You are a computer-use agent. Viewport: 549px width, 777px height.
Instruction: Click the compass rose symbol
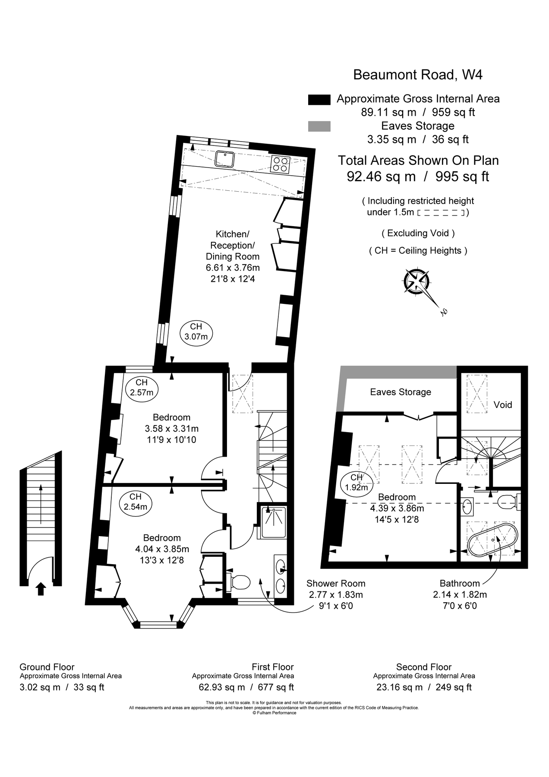point(416,281)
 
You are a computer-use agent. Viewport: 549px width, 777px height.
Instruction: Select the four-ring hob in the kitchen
point(280,164)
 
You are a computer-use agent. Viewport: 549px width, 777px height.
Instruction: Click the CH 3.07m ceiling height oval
point(196,332)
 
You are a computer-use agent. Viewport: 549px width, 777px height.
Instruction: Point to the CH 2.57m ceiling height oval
point(142,388)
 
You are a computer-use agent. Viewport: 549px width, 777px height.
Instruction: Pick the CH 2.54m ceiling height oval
point(135,502)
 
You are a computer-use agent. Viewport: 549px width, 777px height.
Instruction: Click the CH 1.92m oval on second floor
point(357,483)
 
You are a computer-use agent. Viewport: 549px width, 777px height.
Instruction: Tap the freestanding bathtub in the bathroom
point(492,540)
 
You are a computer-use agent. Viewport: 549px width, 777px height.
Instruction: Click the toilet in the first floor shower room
point(239,581)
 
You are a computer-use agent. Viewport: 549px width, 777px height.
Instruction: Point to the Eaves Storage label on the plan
point(401,392)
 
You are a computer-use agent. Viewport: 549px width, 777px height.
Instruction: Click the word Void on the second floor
point(502,404)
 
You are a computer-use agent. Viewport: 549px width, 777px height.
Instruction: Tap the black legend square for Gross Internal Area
point(319,99)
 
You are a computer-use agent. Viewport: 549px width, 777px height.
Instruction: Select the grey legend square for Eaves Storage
point(319,126)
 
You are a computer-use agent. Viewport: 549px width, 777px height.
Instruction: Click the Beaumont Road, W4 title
point(417,75)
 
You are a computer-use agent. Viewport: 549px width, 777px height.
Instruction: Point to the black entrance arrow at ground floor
point(41,589)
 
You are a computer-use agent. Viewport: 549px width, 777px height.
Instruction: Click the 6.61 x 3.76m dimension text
point(233,268)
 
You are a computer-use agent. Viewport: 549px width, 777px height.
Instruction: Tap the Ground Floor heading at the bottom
point(47,667)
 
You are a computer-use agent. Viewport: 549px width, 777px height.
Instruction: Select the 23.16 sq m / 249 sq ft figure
point(423,687)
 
